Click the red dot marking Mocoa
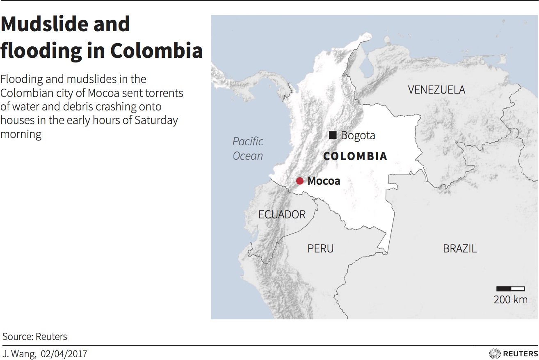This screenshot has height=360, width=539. pyautogui.click(x=300, y=181)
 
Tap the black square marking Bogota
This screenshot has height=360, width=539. pyautogui.click(x=333, y=135)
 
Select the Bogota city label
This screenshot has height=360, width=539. pyautogui.click(x=358, y=135)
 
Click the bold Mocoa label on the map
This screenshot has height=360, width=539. pyautogui.click(x=324, y=181)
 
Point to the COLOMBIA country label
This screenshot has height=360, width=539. pyautogui.click(x=355, y=156)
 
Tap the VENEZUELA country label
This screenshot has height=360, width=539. pyautogui.click(x=436, y=89)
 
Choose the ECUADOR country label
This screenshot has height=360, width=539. pyautogui.click(x=282, y=214)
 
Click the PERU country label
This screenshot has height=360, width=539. pyautogui.click(x=320, y=248)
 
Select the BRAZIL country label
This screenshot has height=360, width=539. pyautogui.click(x=459, y=248)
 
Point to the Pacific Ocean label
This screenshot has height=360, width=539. pyautogui.click(x=248, y=149)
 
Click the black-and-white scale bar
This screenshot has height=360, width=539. pyautogui.click(x=510, y=289)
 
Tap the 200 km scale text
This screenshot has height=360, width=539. pyautogui.click(x=510, y=300)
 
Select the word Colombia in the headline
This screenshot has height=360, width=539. pyautogui.click(x=156, y=51)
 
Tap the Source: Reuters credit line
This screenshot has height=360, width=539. pyautogui.click(x=35, y=337)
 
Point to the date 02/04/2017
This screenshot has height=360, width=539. pyautogui.click(x=64, y=353)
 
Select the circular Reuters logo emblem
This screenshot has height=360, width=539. pyautogui.click(x=495, y=353)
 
